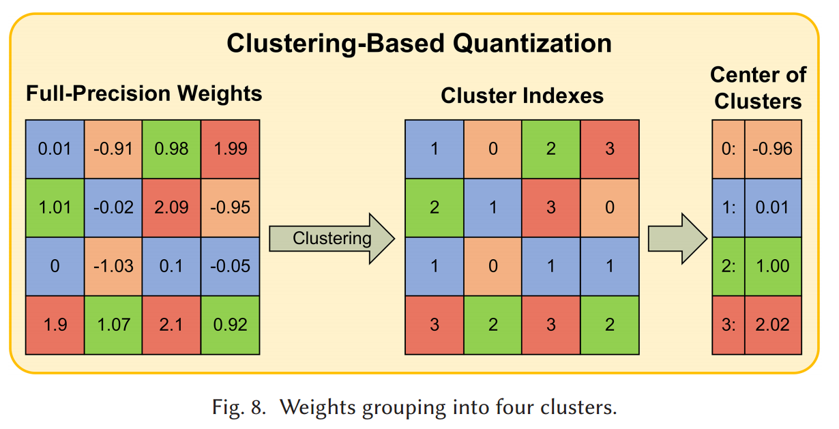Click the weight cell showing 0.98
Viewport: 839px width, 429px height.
point(172,149)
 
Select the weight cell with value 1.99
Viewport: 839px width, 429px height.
point(231,149)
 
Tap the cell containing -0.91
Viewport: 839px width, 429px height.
point(113,149)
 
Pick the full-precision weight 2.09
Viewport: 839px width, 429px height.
point(172,207)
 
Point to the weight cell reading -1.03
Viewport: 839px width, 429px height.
point(113,266)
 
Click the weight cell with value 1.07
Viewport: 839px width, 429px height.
point(113,325)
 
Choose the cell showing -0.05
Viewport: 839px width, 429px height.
point(231,266)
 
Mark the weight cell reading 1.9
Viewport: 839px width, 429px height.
point(55,325)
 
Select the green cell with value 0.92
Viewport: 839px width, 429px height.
point(231,325)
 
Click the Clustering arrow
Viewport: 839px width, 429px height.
point(332,238)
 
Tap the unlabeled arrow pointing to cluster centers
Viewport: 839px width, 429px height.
point(676,238)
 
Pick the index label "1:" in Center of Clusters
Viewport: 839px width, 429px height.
point(728,207)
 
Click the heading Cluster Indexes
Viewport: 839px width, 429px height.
point(522,95)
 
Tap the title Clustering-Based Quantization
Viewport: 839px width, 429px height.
point(419,44)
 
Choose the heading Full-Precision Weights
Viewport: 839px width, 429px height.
point(144,93)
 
